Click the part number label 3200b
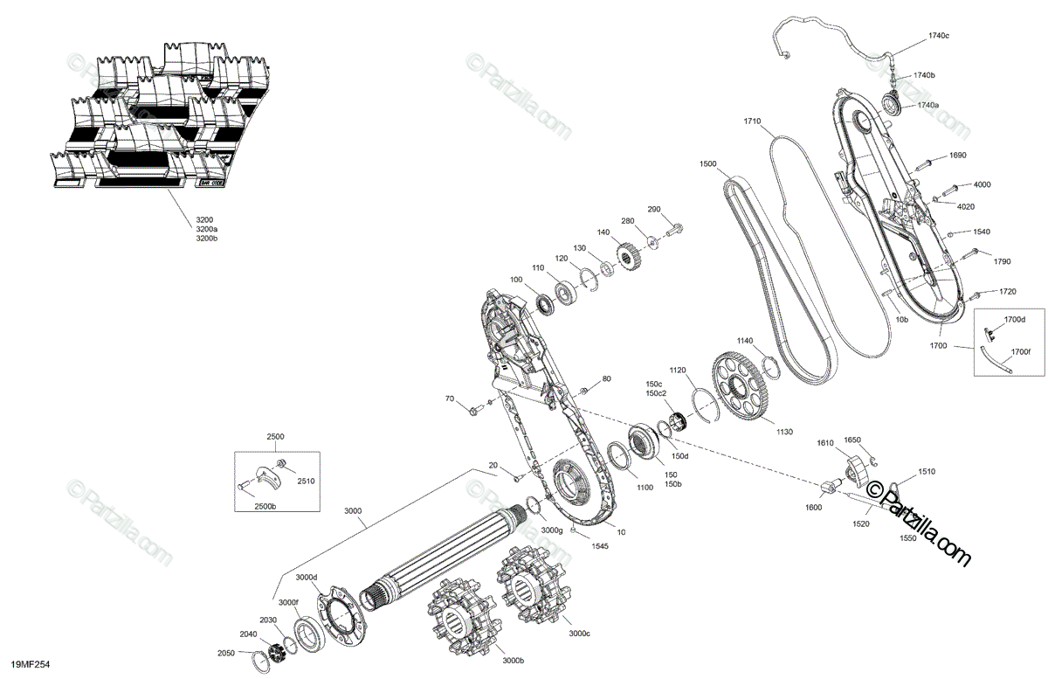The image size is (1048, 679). point(206,239)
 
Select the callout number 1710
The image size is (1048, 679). point(752,121)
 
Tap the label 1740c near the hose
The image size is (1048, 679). point(939,35)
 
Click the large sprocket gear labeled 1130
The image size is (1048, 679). point(742,385)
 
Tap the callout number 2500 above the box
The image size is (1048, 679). point(276,436)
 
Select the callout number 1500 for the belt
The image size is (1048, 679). point(707,163)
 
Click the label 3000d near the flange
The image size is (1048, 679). point(306,578)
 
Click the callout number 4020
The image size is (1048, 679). point(965,206)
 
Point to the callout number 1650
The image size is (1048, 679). point(852,440)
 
